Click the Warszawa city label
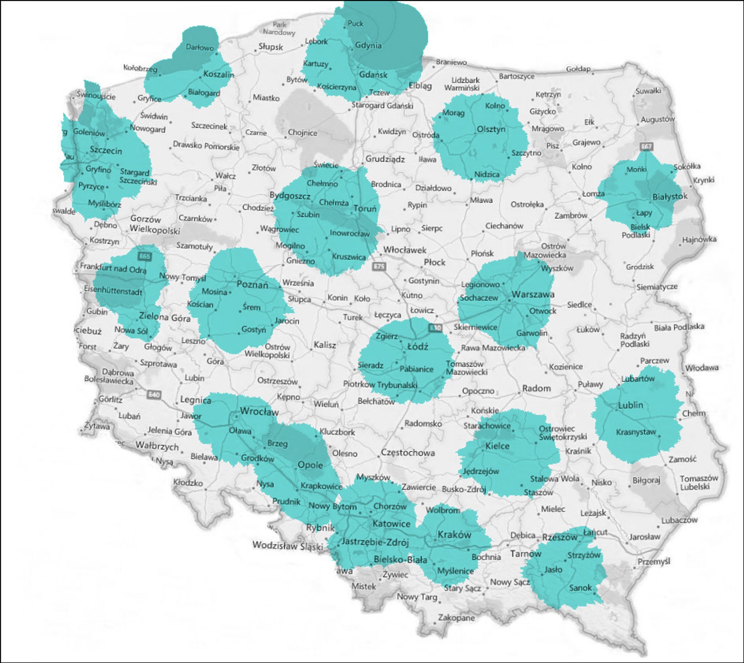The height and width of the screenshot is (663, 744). tap(533, 295)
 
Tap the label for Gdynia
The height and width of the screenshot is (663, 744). tap(368, 46)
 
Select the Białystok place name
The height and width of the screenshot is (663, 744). tap(670, 197)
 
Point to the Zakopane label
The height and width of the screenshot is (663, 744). tap(457, 618)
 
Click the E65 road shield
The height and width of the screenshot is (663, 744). tap(145, 256)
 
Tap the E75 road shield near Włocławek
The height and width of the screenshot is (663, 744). tap(379, 266)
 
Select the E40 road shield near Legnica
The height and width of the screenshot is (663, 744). tap(154, 394)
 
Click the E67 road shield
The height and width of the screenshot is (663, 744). tap(646, 146)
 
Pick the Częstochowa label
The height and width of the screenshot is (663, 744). tap(408, 452)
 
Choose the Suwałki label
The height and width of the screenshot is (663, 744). tap(648, 91)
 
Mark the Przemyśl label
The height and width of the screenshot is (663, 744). tap(654, 561)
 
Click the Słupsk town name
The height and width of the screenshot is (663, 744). tap(271, 47)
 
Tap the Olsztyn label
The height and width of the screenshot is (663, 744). tap(491, 129)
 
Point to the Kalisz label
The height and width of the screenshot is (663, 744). tap(325, 345)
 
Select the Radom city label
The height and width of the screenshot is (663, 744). tap(536, 388)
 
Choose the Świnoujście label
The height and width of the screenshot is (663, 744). tap(96, 96)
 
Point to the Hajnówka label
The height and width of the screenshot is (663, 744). tap(699, 239)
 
